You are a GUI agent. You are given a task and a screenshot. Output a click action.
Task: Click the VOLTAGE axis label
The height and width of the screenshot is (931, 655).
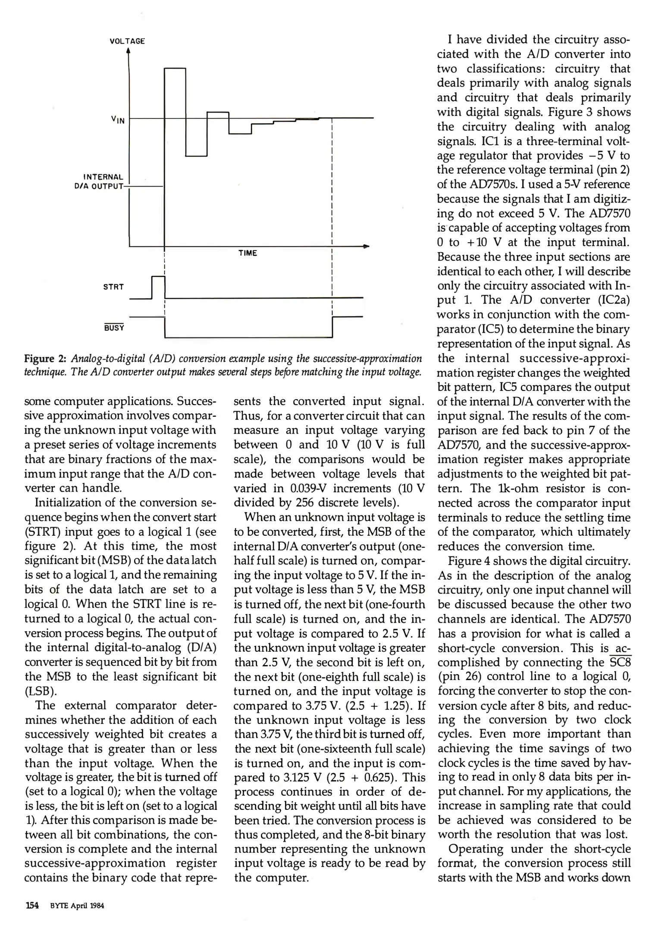coord(127,41)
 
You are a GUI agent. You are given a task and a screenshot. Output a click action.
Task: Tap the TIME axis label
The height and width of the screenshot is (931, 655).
coord(248,253)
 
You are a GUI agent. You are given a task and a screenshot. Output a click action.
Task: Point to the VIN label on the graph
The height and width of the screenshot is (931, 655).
coord(117,119)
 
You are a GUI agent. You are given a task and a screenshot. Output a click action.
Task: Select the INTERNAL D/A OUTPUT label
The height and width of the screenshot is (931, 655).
coord(103,181)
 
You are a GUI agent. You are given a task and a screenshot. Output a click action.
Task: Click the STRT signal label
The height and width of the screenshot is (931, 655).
coord(113,287)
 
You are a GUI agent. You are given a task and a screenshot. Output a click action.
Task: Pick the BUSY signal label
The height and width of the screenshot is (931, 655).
coord(114,328)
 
